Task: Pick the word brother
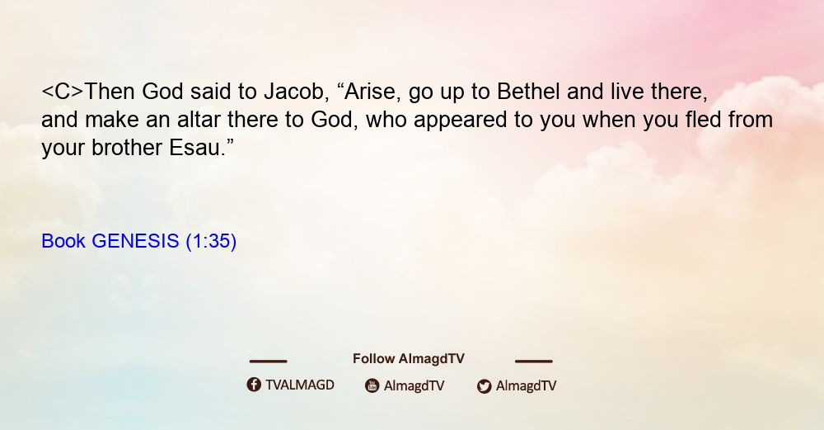coord(127,148)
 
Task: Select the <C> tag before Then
coord(63,92)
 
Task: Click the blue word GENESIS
coord(136,241)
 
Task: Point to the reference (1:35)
coord(211,241)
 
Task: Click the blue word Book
coord(63,241)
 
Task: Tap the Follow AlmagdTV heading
coord(409,358)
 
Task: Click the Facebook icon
coord(254,385)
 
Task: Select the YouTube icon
coord(372,385)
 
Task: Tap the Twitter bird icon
coord(485,386)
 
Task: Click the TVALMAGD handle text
coord(300,385)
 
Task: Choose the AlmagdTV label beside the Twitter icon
coord(526,385)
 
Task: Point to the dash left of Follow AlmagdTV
coord(268,361)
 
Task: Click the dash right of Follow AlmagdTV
coord(534,361)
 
